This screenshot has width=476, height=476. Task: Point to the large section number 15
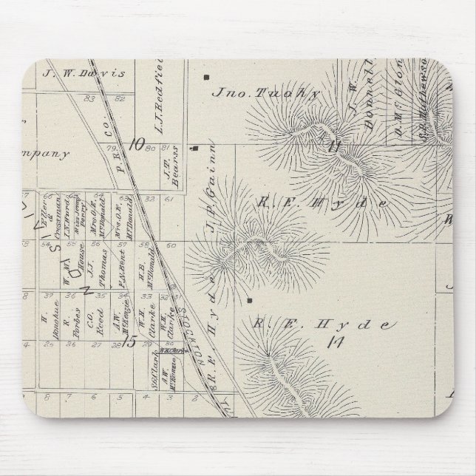point(130,341)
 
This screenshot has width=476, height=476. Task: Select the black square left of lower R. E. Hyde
point(250,301)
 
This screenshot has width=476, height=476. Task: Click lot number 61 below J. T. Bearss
point(169,198)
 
